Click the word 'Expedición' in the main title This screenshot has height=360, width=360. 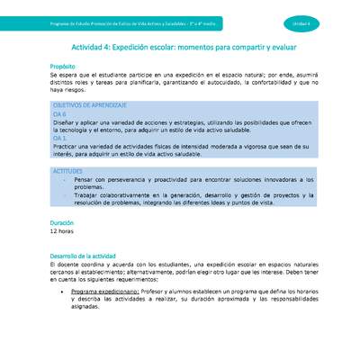click(x=148, y=47)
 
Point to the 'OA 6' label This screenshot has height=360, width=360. click(x=59, y=115)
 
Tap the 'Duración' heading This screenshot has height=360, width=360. click(x=62, y=222)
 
